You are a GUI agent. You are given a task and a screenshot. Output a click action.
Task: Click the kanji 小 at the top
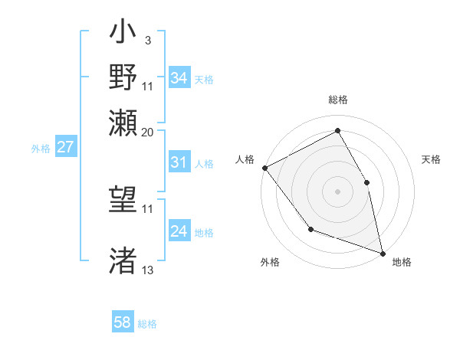click(123, 35)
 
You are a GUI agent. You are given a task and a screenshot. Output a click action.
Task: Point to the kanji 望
click(123, 201)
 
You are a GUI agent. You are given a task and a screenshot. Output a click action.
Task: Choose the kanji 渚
click(123, 260)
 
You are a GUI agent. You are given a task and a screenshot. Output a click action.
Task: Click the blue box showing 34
click(179, 78)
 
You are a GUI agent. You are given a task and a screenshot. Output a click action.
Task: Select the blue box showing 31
click(179, 162)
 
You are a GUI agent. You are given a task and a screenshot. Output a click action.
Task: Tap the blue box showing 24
click(179, 231)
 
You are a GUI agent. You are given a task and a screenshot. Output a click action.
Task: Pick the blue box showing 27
click(65, 147)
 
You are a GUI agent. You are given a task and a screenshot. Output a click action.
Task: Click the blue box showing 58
click(123, 322)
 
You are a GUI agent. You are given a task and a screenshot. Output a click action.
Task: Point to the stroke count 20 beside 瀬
click(147, 132)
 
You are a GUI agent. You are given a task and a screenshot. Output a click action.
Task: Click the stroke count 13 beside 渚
click(147, 270)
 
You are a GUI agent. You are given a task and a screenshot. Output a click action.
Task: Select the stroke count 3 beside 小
click(147, 39)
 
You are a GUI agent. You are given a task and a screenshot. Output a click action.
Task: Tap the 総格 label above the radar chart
click(337, 100)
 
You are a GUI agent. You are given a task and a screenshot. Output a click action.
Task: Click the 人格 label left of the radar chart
click(245, 159)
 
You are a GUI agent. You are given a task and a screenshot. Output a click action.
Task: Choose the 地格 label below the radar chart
click(402, 262)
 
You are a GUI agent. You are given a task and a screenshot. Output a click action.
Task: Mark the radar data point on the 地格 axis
click(382, 252)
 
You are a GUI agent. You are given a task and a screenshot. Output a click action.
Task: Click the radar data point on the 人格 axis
click(264, 168)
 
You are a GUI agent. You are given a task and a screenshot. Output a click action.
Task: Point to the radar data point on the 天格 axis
click(366, 182)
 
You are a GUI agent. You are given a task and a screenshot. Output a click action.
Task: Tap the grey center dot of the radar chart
click(337, 191)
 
